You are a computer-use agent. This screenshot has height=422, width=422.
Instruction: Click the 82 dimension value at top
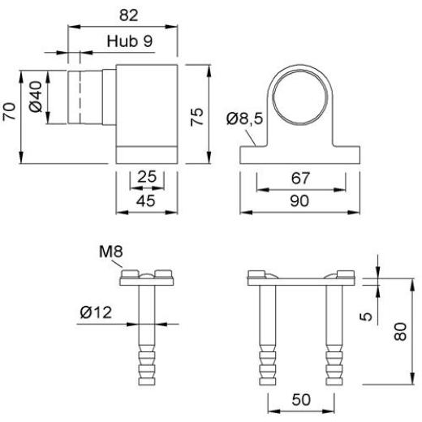pos(129,15)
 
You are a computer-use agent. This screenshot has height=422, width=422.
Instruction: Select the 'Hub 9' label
pos(130,41)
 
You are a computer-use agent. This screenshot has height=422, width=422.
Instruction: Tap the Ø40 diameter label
pos(36,97)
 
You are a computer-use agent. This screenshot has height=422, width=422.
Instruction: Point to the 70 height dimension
pos(9,111)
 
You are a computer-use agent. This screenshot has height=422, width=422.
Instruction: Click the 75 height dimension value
pos(196,117)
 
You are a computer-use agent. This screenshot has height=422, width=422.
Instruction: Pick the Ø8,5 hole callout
pos(245,118)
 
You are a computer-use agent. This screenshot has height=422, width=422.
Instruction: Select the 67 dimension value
pos(300,178)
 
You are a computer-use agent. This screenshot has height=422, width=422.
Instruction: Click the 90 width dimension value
pos(299,201)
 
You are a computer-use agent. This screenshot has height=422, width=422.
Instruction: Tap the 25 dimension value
pos(147,177)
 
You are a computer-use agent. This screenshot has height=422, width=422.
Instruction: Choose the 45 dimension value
pos(146,200)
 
